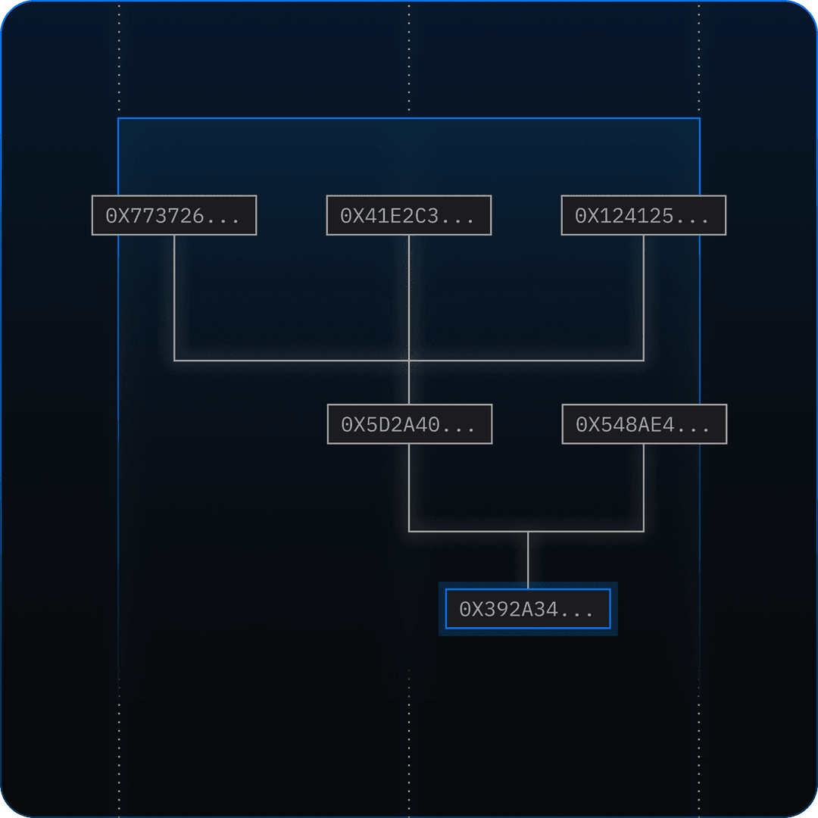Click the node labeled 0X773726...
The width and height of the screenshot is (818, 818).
[174, 216]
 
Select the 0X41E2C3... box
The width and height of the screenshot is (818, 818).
[409, 216]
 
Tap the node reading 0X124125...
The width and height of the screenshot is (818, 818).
[644, 216]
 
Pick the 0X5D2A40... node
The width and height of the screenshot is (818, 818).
[410, 424]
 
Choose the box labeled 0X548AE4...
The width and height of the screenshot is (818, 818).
[645, 424]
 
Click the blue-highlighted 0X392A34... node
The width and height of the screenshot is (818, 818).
[528, 609]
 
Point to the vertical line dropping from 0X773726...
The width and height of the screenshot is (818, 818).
[174, 295]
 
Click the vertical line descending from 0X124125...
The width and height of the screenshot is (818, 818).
[644, 295]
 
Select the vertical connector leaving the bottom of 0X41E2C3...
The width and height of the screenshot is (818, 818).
[409, 295]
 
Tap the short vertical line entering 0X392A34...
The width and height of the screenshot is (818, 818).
[528, 560]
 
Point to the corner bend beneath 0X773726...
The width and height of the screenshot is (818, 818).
[174, 361]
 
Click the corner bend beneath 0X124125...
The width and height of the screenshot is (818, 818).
[644, 361]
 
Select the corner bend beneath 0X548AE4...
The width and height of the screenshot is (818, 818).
[644, 532]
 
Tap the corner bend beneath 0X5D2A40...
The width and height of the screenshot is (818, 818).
[409, 532]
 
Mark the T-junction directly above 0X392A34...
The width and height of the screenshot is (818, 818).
[528, 532]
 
